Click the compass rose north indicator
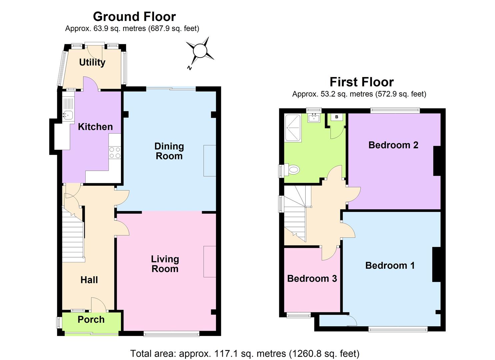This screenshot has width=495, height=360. click(200, 51)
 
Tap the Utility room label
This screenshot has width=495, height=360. click(92, 62)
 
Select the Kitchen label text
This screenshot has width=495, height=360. click(95, 127)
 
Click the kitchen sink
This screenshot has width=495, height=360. click(68, 115)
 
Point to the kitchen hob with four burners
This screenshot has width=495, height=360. click(115, 153)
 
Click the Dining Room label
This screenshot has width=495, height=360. click(169, 151)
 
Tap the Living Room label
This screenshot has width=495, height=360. click(165, 264)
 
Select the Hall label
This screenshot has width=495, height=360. click(89, 280)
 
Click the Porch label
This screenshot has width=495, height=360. click(91, 319)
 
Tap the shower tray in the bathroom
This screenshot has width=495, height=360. click(293, 128)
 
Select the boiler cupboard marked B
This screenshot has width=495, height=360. click(337, 117)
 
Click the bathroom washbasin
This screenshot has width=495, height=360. click(314, 118)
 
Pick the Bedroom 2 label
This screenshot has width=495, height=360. click(393, 145)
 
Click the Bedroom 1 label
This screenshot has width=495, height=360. click(390, 265)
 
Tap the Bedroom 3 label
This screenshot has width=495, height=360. click(312, 278)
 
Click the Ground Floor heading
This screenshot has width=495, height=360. click(134, 16)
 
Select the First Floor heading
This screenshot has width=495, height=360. click(361, 82)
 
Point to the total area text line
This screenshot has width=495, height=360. click(245, 353)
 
